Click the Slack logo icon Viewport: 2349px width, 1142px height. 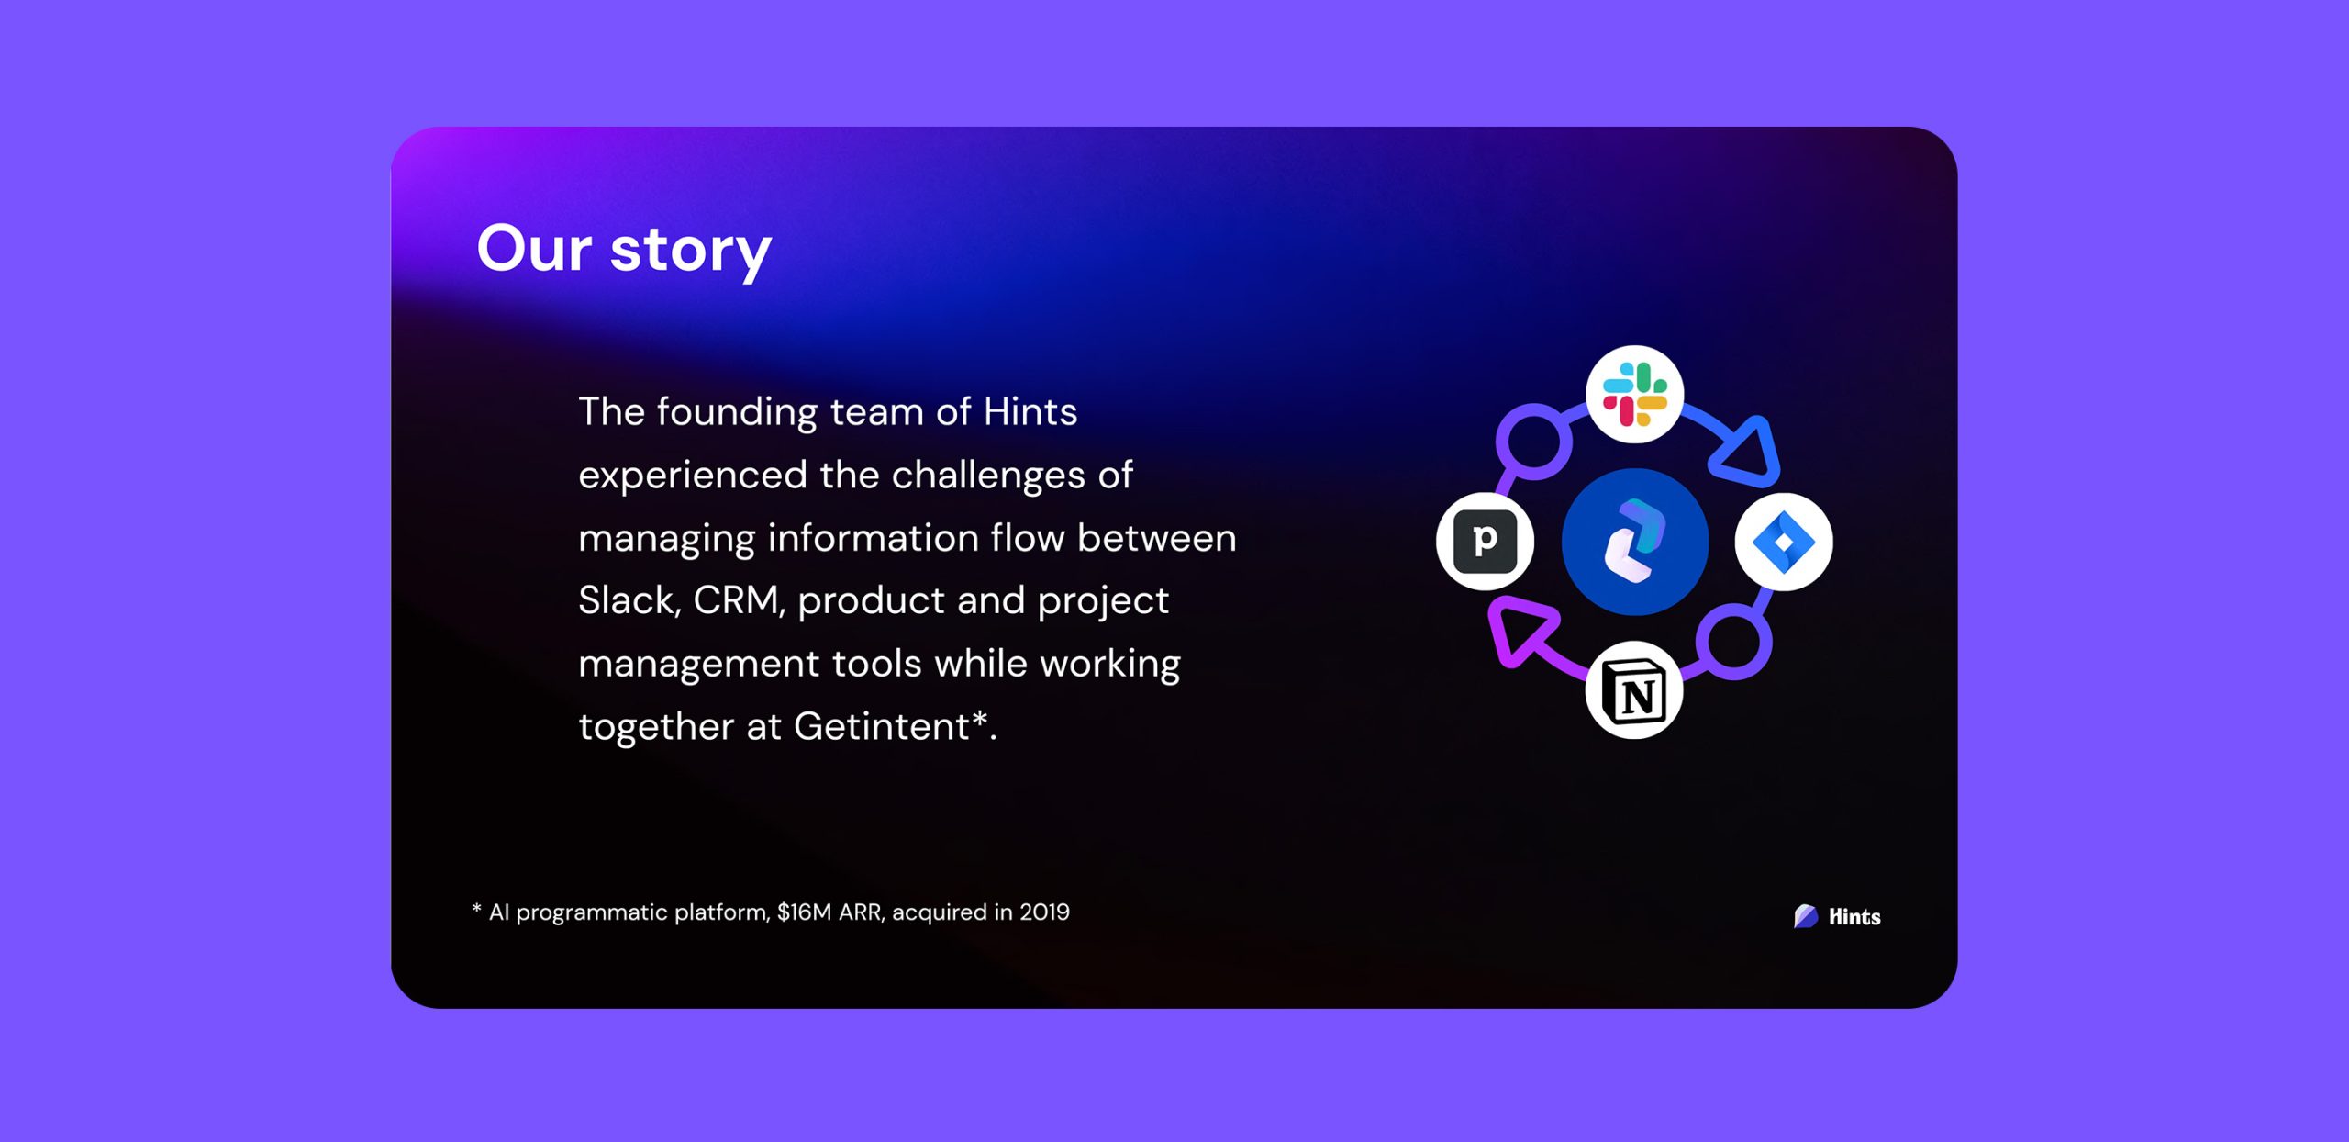click(1634, 395)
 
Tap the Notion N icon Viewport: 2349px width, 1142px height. click(1633, 690)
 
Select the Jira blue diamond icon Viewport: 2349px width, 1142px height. click(1783, 542)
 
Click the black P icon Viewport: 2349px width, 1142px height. click(1485, 542)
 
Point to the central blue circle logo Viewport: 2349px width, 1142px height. click(1634, 542)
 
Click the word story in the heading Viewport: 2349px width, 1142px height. click(691, 251)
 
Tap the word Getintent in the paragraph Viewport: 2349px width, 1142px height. click(881, 726)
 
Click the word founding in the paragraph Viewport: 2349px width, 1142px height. click(737, 412)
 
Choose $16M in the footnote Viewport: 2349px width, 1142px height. click(804, 912)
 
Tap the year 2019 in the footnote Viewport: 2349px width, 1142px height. click(1044, 912)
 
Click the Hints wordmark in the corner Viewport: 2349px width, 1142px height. click(1854, 916)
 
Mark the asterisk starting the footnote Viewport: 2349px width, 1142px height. click(476, 909)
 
